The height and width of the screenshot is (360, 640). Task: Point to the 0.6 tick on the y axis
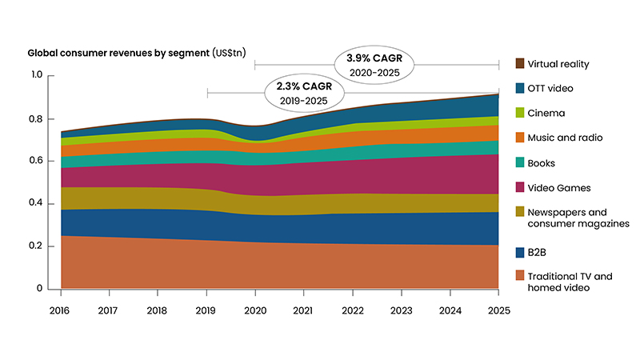[35, 161]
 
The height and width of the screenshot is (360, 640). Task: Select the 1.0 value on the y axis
[35, 76]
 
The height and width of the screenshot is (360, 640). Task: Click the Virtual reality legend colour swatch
[519, 63]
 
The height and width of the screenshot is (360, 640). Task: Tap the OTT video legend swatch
[519, 88]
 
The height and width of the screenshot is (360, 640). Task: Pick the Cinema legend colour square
[519, 113]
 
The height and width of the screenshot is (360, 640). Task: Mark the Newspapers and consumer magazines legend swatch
[519, 213]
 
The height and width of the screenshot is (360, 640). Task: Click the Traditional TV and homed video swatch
[519, 276]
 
